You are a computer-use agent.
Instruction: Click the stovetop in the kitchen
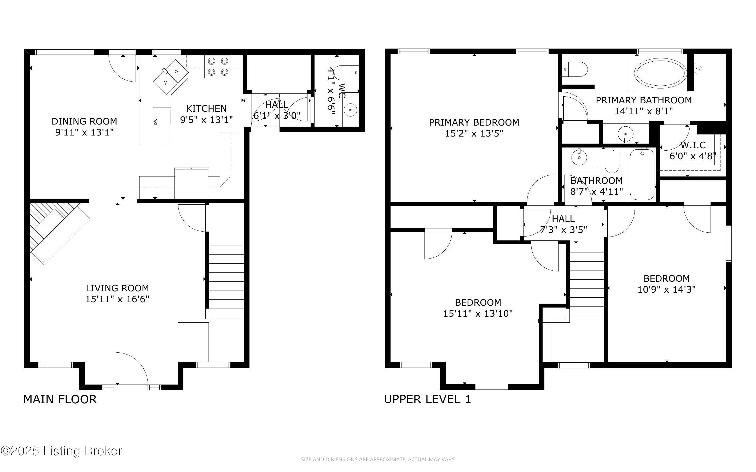218,67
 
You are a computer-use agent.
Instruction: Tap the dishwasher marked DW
162,117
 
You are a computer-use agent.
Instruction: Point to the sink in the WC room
351,110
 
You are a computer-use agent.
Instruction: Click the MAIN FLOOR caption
60,400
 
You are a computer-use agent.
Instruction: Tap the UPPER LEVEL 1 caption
427,399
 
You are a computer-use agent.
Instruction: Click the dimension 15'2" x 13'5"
474,133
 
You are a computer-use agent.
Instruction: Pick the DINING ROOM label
84,121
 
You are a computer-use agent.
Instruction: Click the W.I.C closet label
693,145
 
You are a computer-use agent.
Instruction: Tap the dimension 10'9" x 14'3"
666,289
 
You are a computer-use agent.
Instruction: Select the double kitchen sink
171,77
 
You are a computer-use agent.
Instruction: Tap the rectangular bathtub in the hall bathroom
642,174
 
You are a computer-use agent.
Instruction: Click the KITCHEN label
206,109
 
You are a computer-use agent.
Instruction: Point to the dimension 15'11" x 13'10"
478,314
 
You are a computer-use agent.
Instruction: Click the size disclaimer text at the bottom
377,459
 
